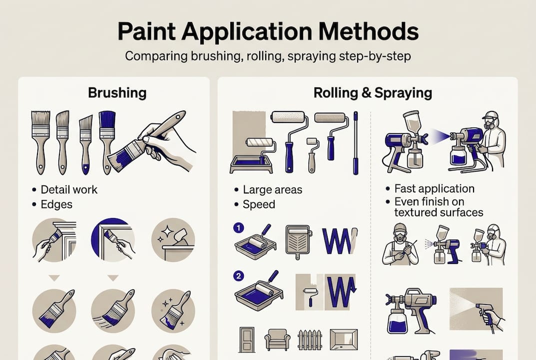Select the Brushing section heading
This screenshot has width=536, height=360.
pyautogui.click(x=117, y=92)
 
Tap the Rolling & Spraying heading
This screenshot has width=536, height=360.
pyautogui.click(x=373, y=92)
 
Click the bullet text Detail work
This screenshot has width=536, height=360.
pyautogui.click(x=69, y=189)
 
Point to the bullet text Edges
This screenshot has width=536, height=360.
pyautogui.click(x=56, y=204)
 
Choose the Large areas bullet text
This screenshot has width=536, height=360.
pyautogui.click(x=272, y=189)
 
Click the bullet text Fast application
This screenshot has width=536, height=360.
pyautogui.click(x=434, y=188)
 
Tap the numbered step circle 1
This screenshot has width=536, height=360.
pyautogui.click(x=238, y=228)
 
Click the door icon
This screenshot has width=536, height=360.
pyautogui.click(x=246, y=339)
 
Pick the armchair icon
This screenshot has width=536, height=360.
pyautogui.click(x=277, y=340)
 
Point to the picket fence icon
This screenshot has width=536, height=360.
pyautogui.click(x=310, y=340)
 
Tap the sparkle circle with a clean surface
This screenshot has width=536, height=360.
pyautogui.click(x=173, y=239)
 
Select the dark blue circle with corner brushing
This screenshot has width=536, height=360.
pyautogui.click(x=113, y=239)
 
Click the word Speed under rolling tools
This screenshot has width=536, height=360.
pyautogui.click(x=259, y=204)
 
